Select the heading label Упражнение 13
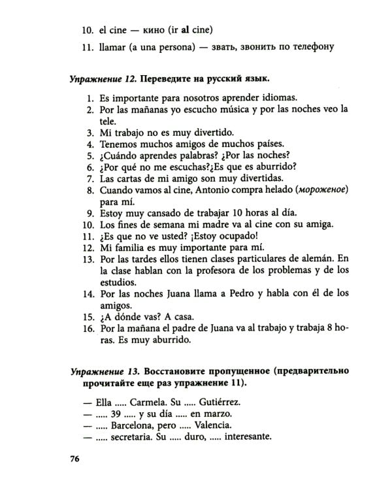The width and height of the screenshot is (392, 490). click(x=106, y=372)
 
